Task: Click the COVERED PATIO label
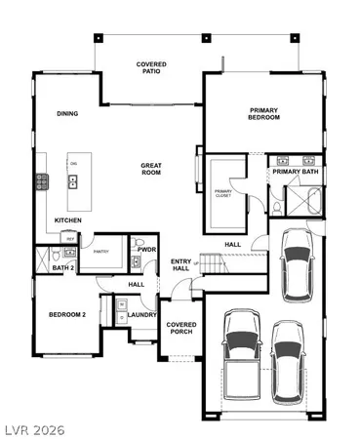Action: [150, 69]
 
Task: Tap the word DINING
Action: [67, 113]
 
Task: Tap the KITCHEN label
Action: [67, 220]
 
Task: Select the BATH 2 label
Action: [64, 268]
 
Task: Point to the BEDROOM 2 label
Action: [68, 315]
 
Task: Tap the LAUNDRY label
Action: [142, 315]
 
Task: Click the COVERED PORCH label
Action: [180, 328]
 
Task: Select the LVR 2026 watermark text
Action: [32, 428]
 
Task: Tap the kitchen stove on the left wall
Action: [42, 181]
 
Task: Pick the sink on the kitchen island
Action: [73, 180]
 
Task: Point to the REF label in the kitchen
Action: [69, 237]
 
